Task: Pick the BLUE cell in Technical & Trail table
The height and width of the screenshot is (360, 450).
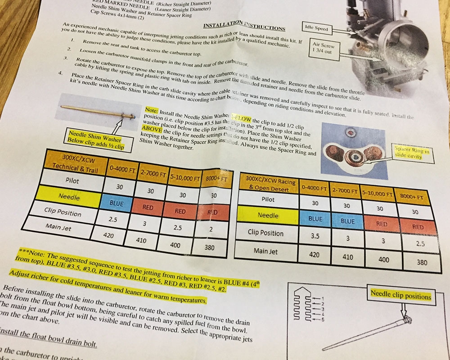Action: [x=116, y=203]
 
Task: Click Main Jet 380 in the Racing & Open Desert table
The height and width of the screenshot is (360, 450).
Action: [x=422, y=262]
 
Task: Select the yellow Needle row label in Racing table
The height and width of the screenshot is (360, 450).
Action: [x=268, y=216]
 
